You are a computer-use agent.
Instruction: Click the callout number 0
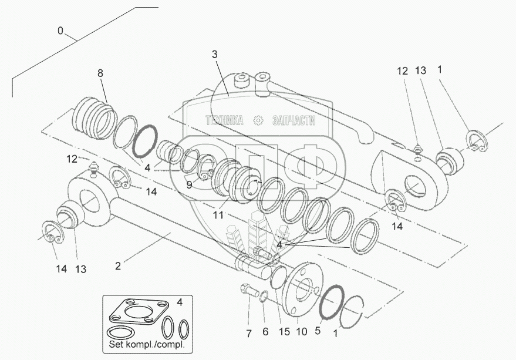(60, 31)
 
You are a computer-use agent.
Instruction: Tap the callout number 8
(100, 73)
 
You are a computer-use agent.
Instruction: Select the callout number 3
(215, 54)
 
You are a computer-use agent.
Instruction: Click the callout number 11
(218, 216)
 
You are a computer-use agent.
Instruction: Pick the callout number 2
(118, 266)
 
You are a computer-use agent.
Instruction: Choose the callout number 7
(248, 334)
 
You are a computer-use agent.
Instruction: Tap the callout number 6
(265, 332)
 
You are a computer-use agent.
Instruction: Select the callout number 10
(302, 332)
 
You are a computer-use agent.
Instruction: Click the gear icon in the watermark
(257, 120)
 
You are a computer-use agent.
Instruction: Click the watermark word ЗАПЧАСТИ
(294, 120)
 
